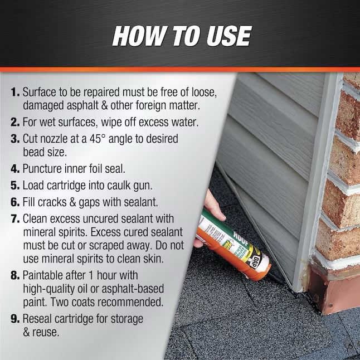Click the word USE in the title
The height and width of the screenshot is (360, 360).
(228, 36)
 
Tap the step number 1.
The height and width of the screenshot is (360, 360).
(15, 93)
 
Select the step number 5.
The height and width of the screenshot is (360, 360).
(15, 186)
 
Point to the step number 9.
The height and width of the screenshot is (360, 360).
(15, 319)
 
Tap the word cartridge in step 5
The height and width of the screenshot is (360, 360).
(66, 186)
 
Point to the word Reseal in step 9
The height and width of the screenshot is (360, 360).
(37, 319)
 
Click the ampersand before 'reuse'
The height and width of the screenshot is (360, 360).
(26, 332)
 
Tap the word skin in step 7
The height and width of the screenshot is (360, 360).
(154, 259)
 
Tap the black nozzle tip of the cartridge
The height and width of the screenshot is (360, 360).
(278, 279)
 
